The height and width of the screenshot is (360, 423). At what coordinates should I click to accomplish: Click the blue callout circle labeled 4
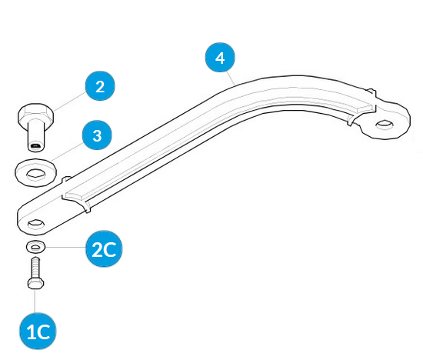[220, 58]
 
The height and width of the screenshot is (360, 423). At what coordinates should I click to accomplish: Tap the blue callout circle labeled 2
[100, 86]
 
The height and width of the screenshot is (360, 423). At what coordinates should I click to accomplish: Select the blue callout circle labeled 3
[97, 135]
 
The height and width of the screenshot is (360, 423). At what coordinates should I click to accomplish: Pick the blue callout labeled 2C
[104, 248]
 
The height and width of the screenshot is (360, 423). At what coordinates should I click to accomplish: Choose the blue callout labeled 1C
[38, 331]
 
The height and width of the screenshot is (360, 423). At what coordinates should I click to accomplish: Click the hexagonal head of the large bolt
[35, 113]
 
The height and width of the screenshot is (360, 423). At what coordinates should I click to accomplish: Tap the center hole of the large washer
[35, 173]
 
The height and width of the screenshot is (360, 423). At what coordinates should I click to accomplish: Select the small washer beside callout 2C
[35, 247]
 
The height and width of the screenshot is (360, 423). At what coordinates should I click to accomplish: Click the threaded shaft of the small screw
[35, 268]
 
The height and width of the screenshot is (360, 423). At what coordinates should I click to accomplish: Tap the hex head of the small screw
[35, 284]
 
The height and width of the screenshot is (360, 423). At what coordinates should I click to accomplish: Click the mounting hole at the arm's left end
[36, 224]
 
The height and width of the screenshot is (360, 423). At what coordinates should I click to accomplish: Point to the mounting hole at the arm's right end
[385, 124]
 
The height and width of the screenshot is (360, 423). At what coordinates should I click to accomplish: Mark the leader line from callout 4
[231, 78]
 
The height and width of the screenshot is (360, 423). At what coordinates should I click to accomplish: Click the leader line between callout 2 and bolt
[70, 102]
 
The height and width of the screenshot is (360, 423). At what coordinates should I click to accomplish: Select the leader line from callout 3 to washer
[67, 152]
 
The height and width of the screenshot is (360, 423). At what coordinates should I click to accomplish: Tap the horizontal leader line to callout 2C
[65, 247]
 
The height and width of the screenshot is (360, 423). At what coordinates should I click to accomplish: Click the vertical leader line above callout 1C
[35, 302]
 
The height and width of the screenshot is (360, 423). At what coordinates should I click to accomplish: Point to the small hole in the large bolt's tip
[35, 146]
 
